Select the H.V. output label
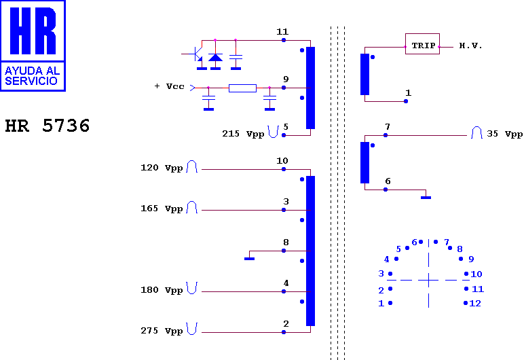[470, 46]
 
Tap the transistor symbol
[197, 54]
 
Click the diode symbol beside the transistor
[215, 58]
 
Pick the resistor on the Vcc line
[242, 88]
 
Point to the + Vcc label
[170, 86]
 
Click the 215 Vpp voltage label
[243, 134]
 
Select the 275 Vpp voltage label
[162, 331]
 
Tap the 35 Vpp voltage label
[504, 134]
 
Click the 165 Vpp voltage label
[162, 209]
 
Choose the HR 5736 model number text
[48, 126]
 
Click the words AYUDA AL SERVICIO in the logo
[32, 75]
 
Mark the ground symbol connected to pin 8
[249, 259]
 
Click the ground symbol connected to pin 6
[426, 198]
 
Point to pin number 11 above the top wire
[282, 32]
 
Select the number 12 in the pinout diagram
[475, 304]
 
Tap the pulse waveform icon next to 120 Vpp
[192, 166]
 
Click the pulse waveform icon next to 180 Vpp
[192, 288]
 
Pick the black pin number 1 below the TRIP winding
[408, 92]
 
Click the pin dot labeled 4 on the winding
[284, 291]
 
